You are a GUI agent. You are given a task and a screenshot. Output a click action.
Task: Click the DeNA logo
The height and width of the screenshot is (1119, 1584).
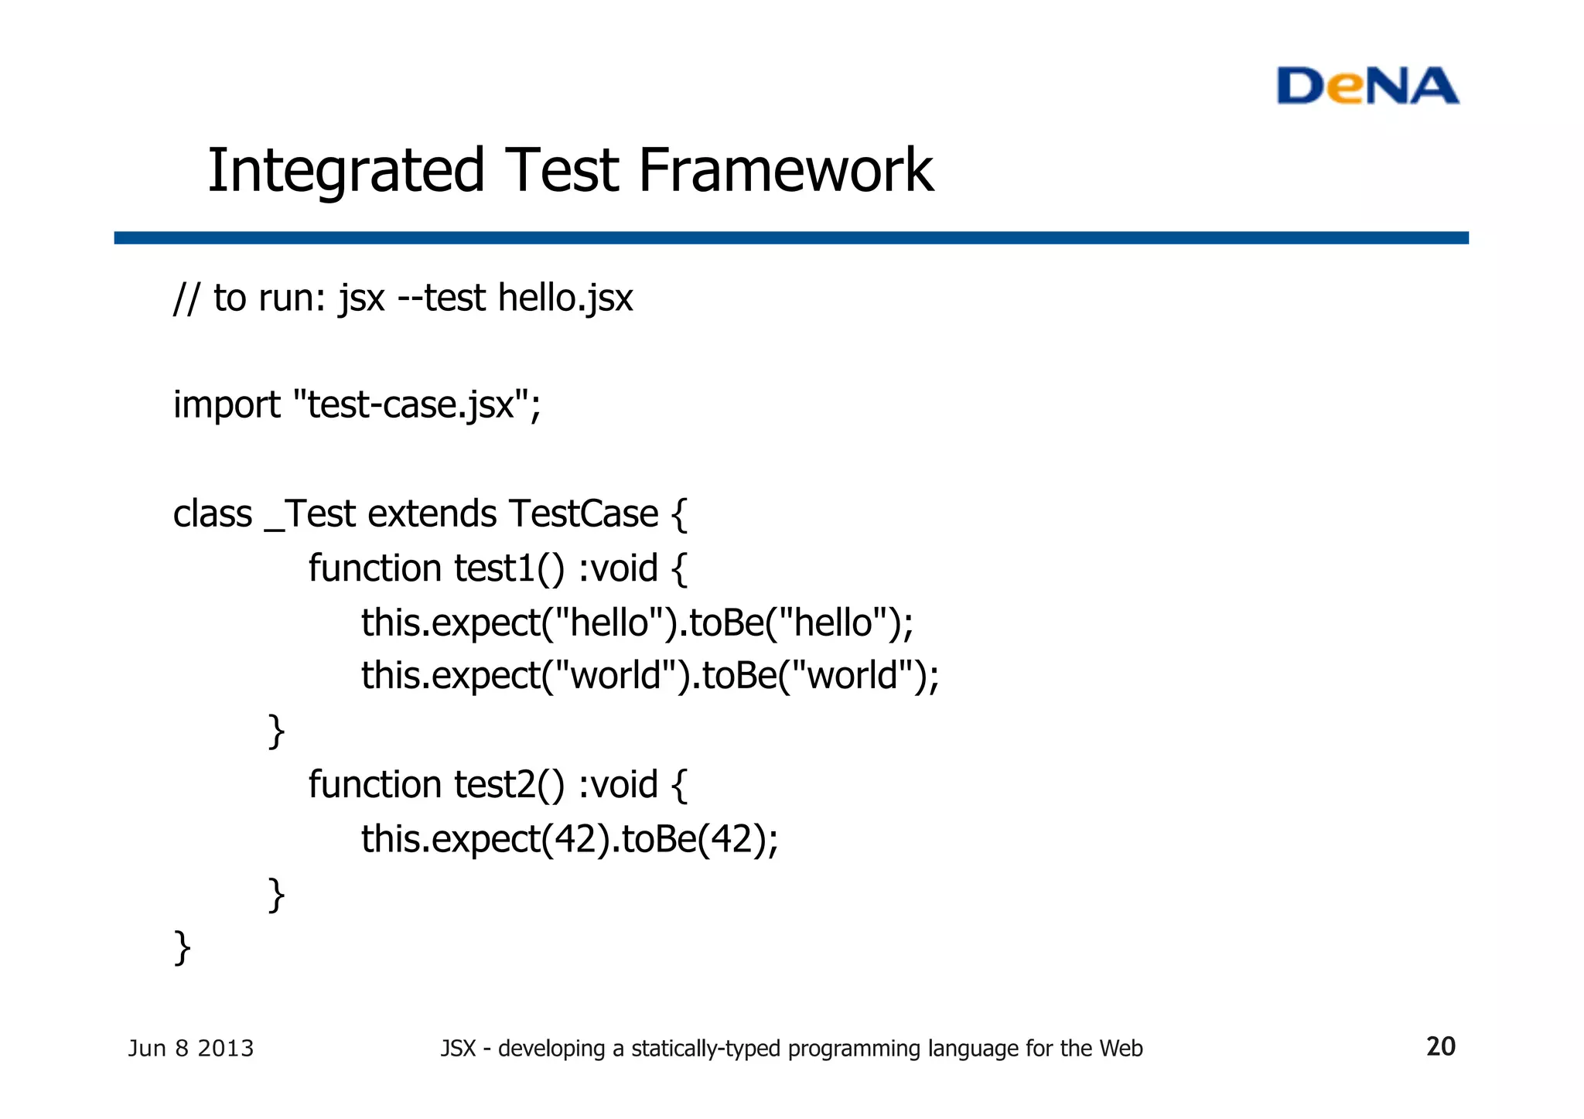(x=1367, y=86)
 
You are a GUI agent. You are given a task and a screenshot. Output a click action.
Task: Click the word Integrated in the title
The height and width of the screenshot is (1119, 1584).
(x=346, y=171)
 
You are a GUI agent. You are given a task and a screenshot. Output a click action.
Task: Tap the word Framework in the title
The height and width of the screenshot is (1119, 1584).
(x=785, y=171)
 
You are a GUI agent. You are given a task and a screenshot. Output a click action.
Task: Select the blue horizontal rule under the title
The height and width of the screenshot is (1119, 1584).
(x=790, y=237)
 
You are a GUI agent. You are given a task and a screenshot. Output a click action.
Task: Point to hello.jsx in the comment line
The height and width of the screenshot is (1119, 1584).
(x=565, y=299)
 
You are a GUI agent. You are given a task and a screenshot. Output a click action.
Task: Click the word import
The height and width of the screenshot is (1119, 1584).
(x=227, y=405)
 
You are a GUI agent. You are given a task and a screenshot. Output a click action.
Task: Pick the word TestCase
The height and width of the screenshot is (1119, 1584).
(x=583, y=514)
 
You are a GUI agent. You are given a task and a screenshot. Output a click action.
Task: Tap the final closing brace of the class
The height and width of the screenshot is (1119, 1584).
(x=183, y=947)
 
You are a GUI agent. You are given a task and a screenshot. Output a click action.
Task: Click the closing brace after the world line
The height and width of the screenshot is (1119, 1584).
(x=276, y=731)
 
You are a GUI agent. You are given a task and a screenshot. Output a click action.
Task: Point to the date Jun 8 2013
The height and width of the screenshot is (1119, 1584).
(x=190, y=1049)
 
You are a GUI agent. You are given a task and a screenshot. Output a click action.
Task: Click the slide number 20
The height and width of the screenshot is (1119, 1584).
(x=1440, y=1047)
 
